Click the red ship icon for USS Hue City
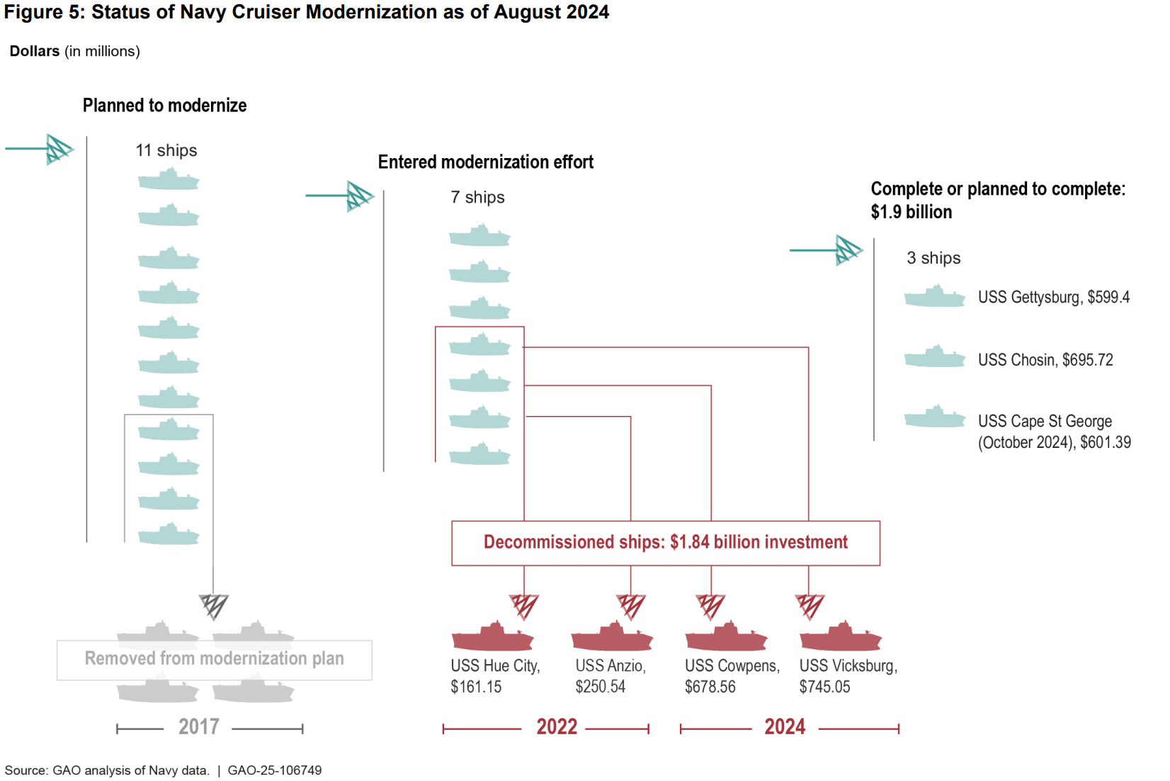coord(492,637)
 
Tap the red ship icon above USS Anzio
coord(612,637)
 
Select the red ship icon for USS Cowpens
coord(726,637)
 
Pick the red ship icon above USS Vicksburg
coord(841,637)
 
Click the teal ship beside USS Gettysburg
coord(935,297)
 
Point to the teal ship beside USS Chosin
coord(935,357)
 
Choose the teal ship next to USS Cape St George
coord(935,417)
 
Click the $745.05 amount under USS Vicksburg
coord(824,687)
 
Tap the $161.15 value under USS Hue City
coord(476,687)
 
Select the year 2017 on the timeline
coord(198,727)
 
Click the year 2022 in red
coord(557,727)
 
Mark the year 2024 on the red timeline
coord(785,727)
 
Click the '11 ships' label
coord(166,150)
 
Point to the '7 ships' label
coord(478,197)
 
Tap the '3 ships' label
coord(933,258)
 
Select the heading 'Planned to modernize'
coord(165,106)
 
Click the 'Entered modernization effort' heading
coord(486,162)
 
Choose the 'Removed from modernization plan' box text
coord(215,658)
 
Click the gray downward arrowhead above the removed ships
coord(213,606)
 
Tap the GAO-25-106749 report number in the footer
coord(275,770)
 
